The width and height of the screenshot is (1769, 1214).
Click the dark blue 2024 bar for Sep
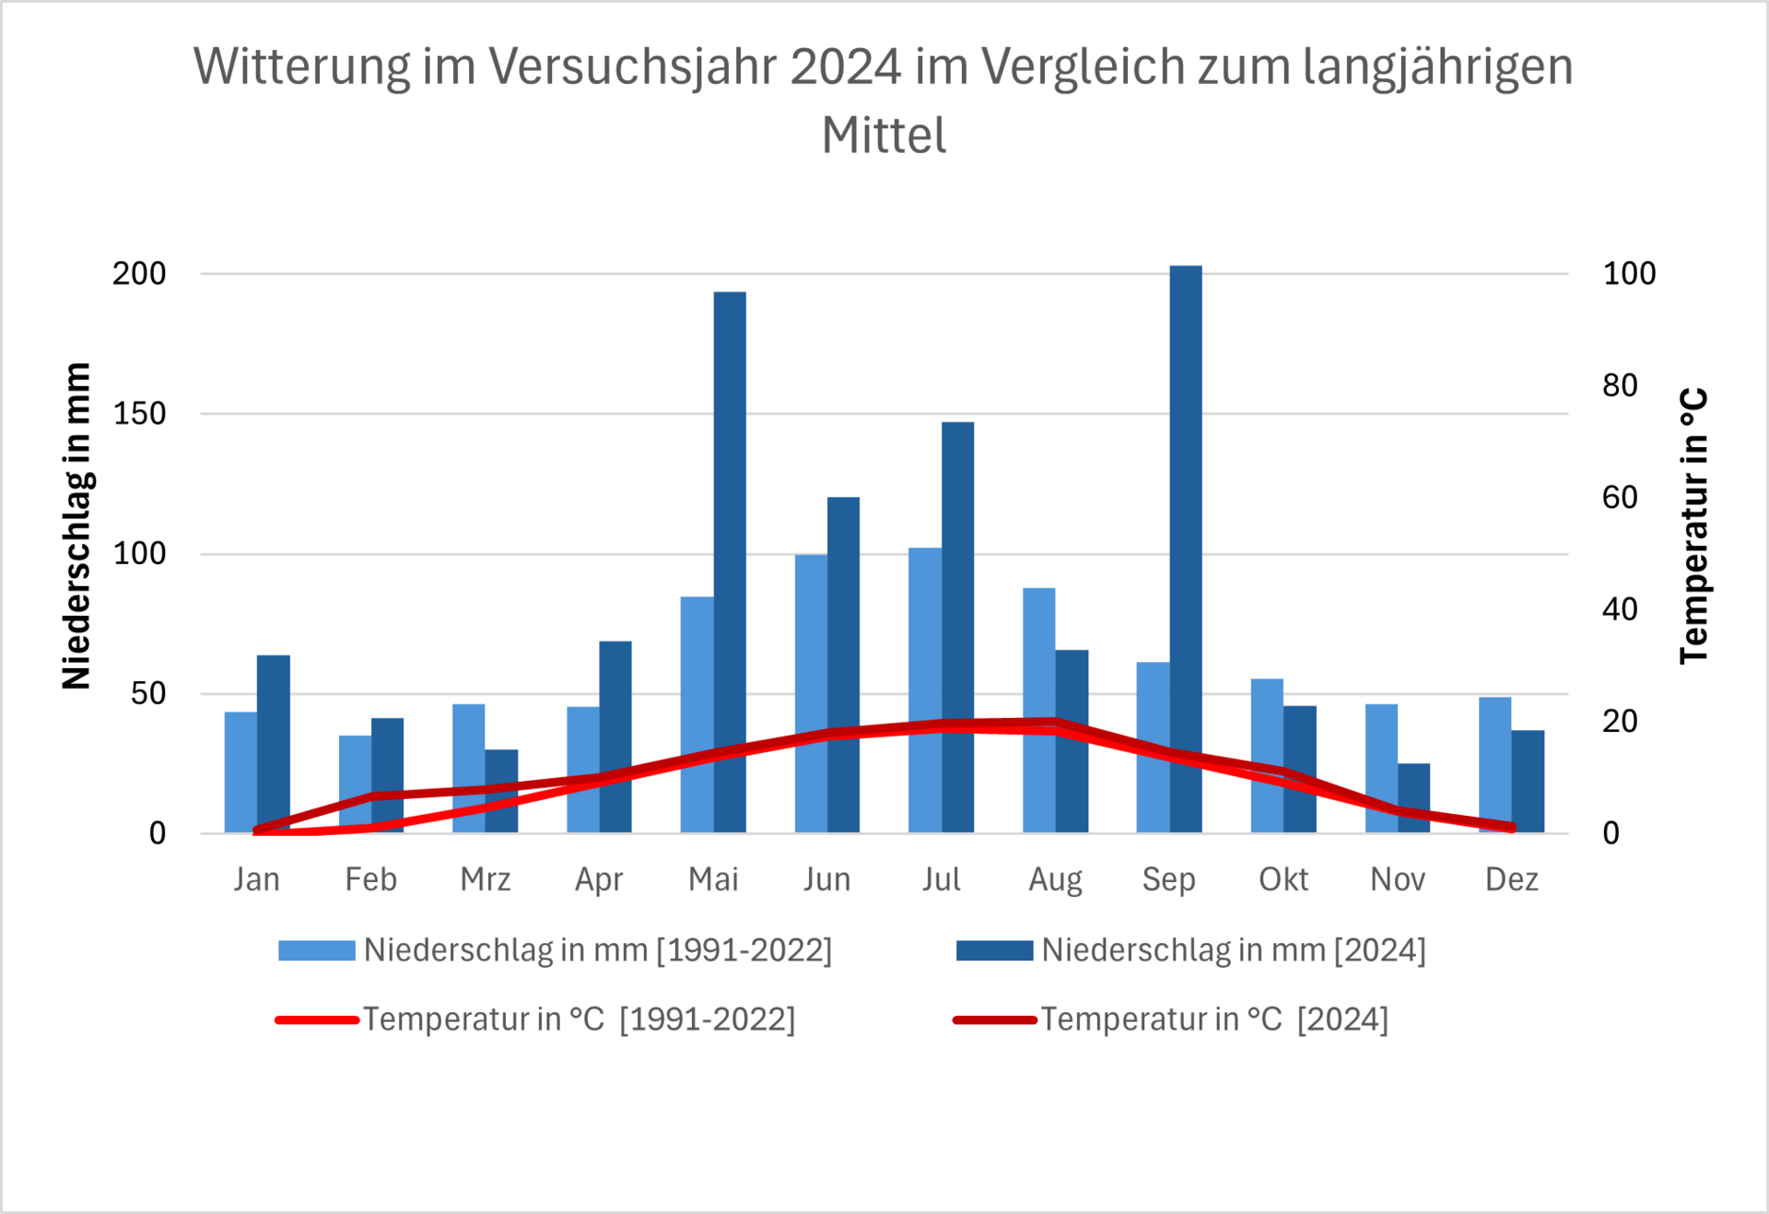pyautogui.click(x=1186, y=507)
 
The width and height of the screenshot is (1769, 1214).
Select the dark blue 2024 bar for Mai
pyautogui.click(x=730, y=516)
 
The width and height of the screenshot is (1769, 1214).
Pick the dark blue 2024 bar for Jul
pyautogui.click(x=957, y=572)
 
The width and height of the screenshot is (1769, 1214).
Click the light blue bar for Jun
pyautogui.click(x=811, y=645)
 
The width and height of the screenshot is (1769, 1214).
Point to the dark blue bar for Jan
pyautogui.click(x=274, y=737)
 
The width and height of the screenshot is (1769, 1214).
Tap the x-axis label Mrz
pyautogui.click(x=486, y=879)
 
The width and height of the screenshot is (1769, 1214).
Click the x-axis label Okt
pyautogui.click(x=1283, y=879)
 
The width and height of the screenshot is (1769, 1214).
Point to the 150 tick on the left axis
pyautogui.click(x=139, y=414)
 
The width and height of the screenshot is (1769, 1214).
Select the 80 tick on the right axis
pyautogui.click(x=1620, y=385)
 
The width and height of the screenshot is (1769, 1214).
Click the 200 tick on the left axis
pyautogui.click(x=139, y=274)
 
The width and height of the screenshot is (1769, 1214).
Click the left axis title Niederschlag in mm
pyautogui.click(x=76, y=525)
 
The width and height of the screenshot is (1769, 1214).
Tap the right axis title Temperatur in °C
pyautogui.click(x=1693, y=525)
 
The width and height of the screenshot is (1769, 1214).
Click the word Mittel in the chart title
pyautogui.click(x=884, y=136)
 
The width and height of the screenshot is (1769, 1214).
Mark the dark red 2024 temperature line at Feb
pyautogui.click(x=372, y=796)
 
